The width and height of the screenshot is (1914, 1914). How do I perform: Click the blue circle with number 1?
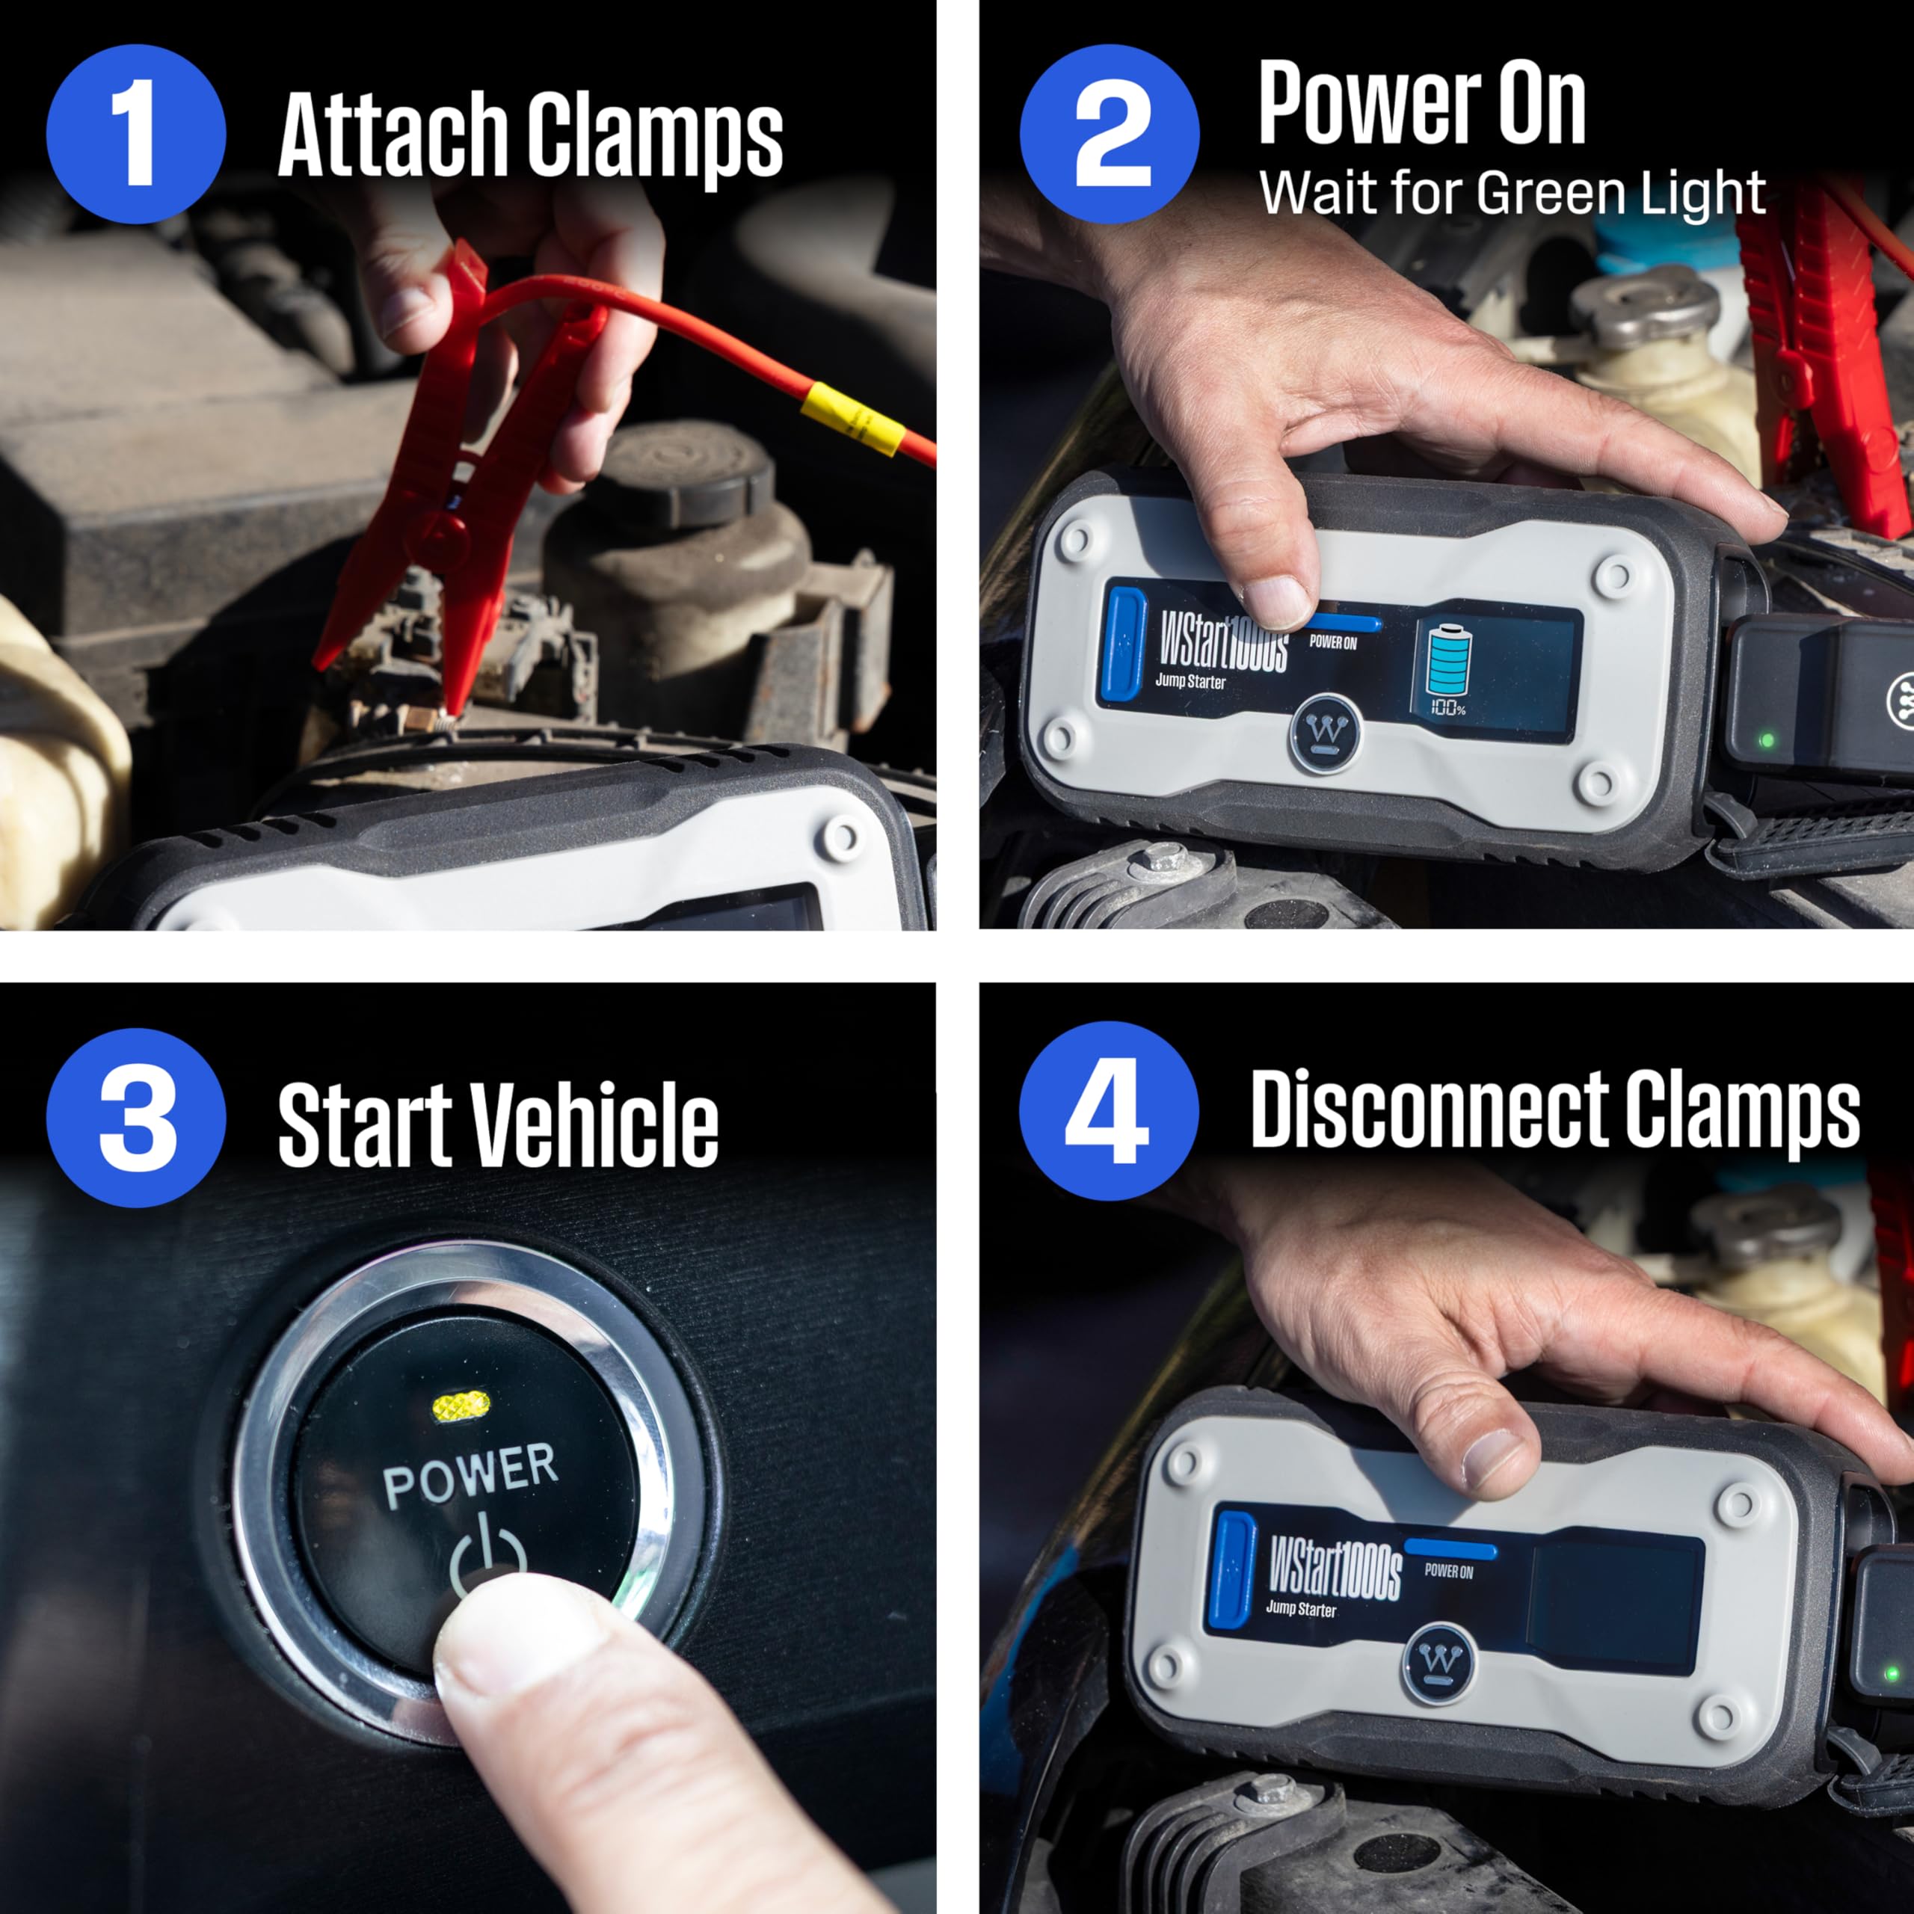click(x=136, y=134)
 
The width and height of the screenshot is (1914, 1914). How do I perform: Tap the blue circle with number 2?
click(x=1110, y=134)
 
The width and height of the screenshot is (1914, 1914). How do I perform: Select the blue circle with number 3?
click(x=136, y=1118)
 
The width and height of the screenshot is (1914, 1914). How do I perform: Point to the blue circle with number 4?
click(x=1109, y=1112)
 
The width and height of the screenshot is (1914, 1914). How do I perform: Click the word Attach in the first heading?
click(x=391, y=136)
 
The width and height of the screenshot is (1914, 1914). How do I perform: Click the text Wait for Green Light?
click(x=1512, y=193)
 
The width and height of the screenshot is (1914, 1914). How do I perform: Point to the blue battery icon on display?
click(x=1448, y=659)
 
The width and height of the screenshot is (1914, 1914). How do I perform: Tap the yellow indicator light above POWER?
click(x=461, y=1404)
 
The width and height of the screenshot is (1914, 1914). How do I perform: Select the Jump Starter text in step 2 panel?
click(x=1190, y=682)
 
